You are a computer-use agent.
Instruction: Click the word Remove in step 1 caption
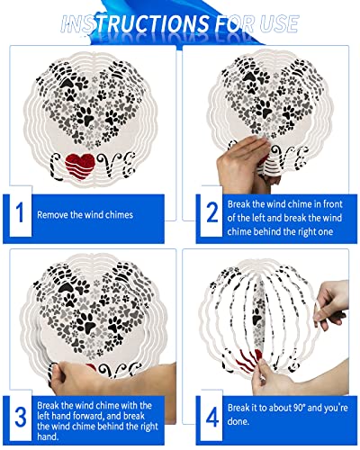[x=52, y=215]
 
